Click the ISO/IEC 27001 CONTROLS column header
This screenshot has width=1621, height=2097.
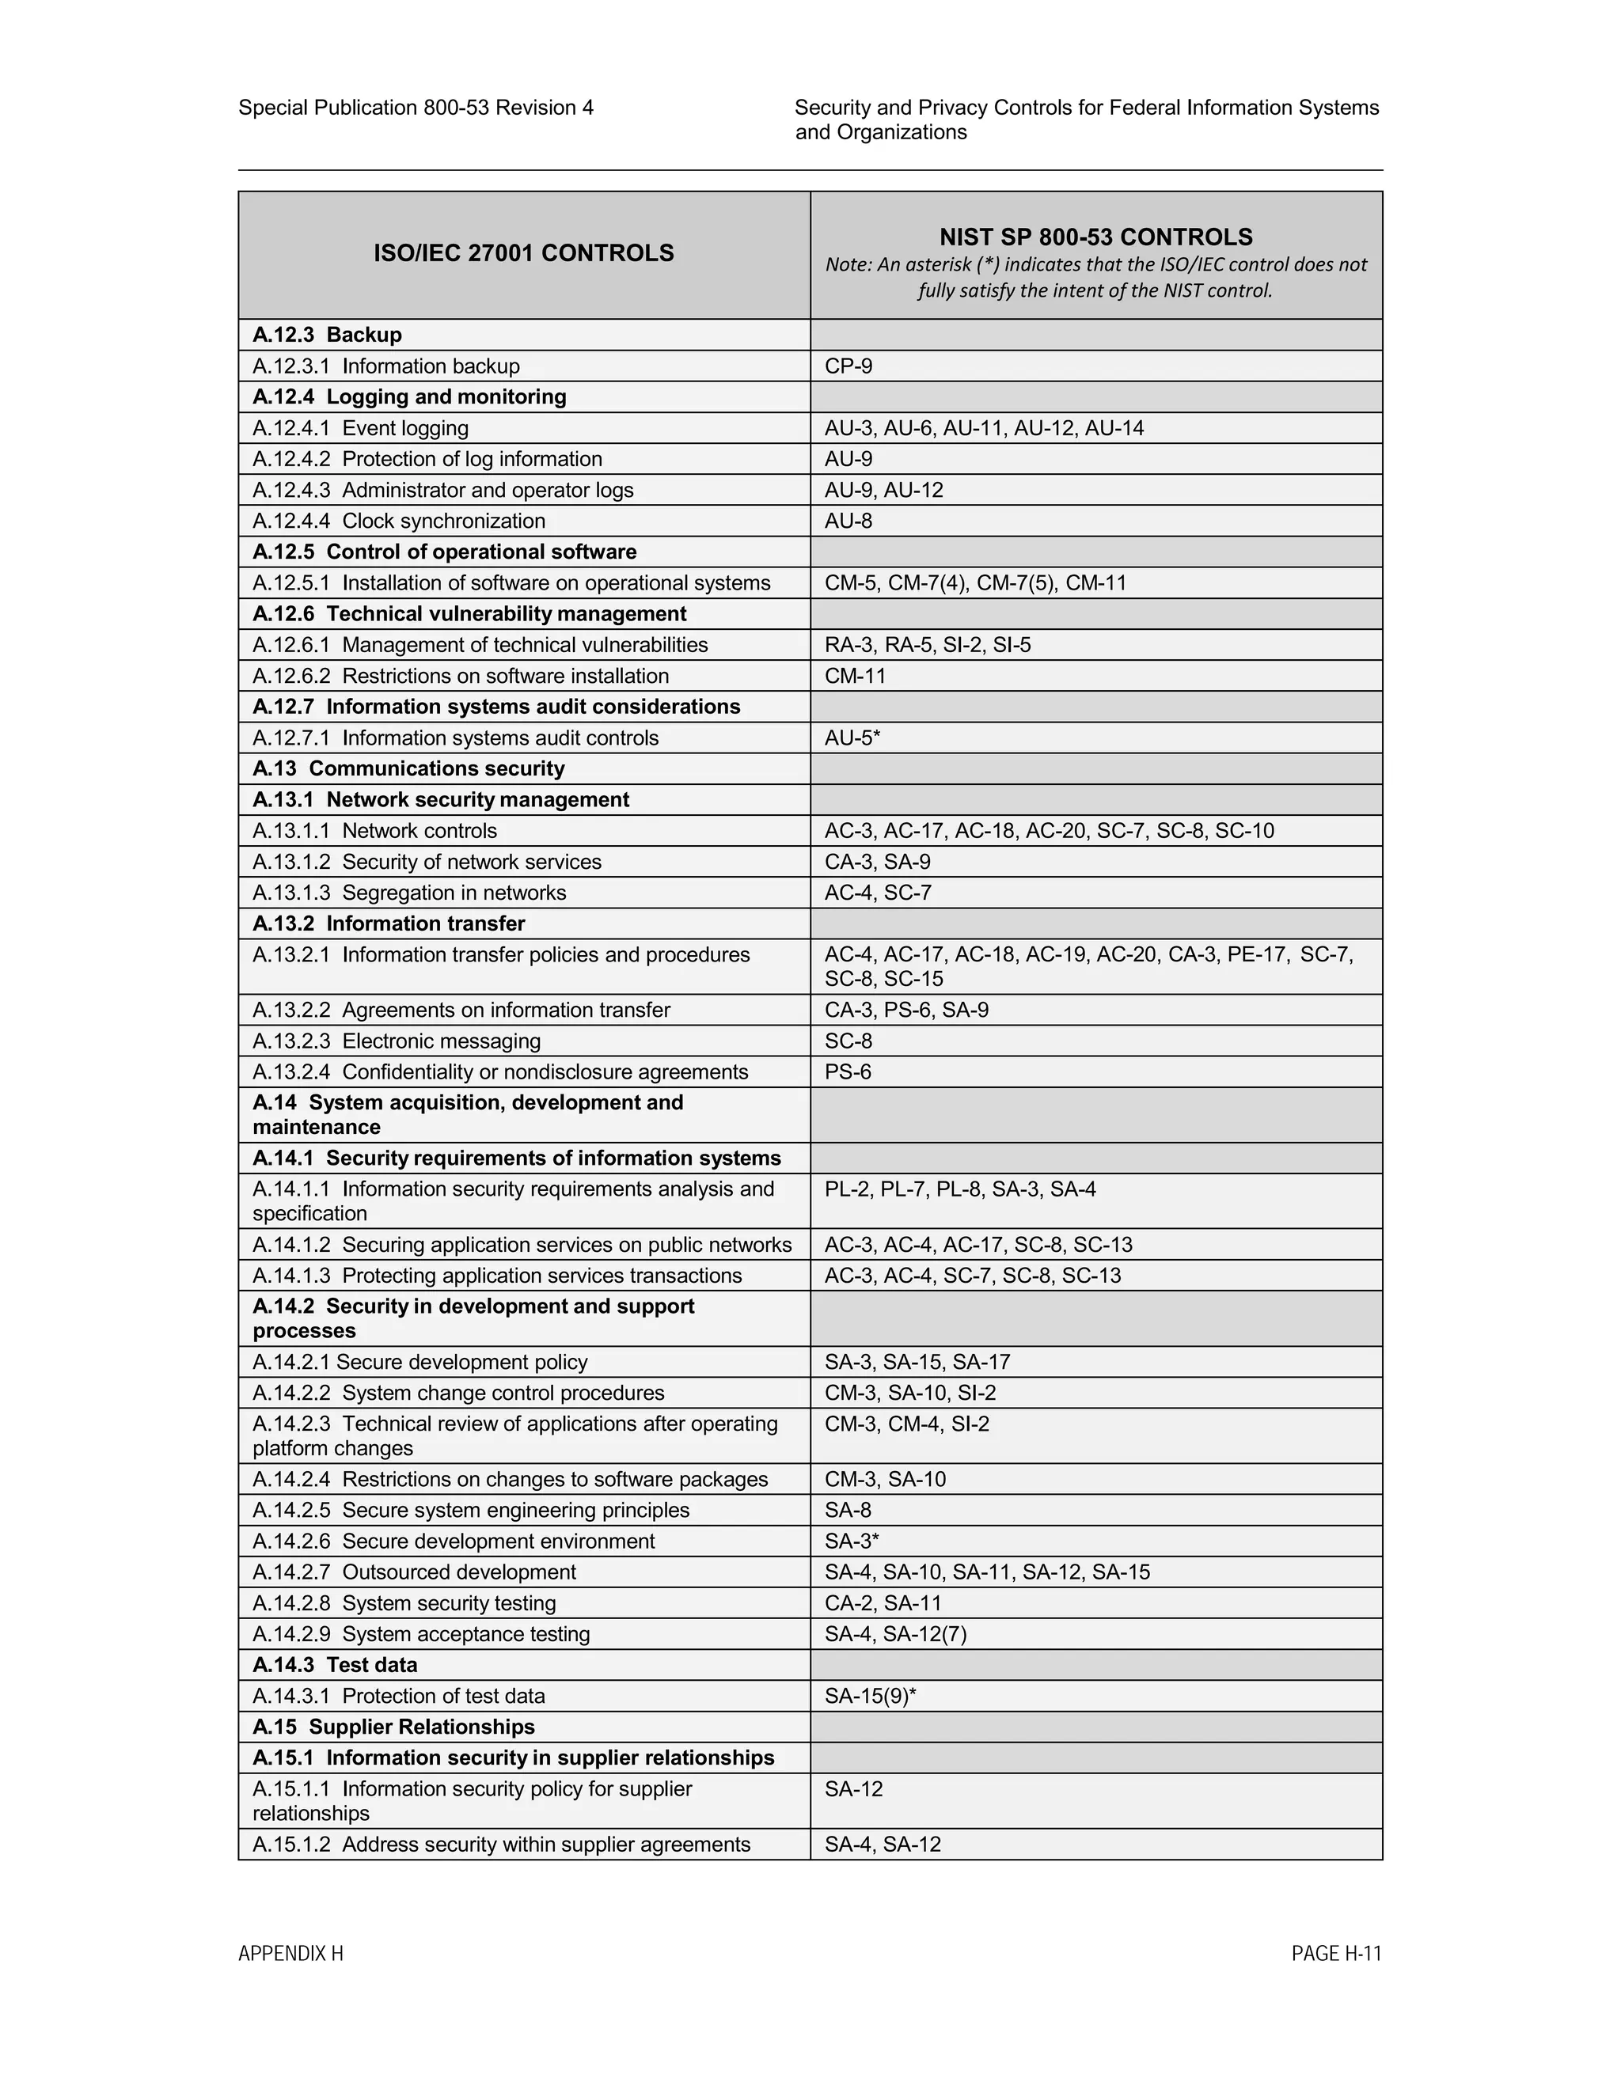tap(523, 253)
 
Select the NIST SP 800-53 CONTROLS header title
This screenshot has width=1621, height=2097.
tap(1095, 237)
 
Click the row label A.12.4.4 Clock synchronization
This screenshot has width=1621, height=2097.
tap(399, 521)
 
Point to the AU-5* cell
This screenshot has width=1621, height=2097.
tap(852, 738)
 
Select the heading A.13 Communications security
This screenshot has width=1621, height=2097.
tap(408, 768)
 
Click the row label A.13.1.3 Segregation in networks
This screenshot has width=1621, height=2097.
tap(409, 892)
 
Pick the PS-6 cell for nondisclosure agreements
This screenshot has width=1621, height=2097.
tap(848, 1071)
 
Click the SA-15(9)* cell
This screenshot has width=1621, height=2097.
tap(870, 1696)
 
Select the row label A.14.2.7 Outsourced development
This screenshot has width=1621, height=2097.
tap(414, 1572)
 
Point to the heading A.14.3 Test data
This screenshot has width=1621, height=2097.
tap(334, 1665)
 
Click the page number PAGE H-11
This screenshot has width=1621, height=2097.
tap(1336, 1953)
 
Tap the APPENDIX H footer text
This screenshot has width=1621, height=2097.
tap(290, 1953)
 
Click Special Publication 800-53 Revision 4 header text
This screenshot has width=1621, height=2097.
tap(416, 108)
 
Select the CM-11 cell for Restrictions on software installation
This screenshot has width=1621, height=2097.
tap(855, 675)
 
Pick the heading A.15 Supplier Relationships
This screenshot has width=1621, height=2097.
tap(393, 1727)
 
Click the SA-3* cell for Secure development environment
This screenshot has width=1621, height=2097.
tap(852, 1541)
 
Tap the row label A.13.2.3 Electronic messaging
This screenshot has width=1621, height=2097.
tap(397, 1041)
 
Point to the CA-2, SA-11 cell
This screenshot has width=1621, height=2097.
tap(883, 1602)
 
